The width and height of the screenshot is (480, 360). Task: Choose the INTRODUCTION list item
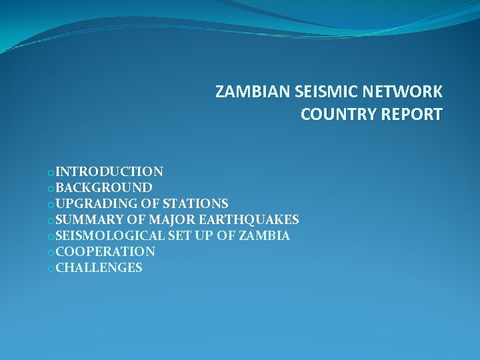(x=109, y=172)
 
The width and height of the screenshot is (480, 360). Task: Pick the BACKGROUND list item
(x=104, y=188)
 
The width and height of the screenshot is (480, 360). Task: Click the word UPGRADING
(x=97, y=204)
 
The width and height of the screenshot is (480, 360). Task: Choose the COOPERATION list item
(x=105, y=252)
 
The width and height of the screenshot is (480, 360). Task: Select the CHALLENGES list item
(x=99, y=268)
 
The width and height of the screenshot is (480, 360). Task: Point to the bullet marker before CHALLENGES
(x=51, y=269)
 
